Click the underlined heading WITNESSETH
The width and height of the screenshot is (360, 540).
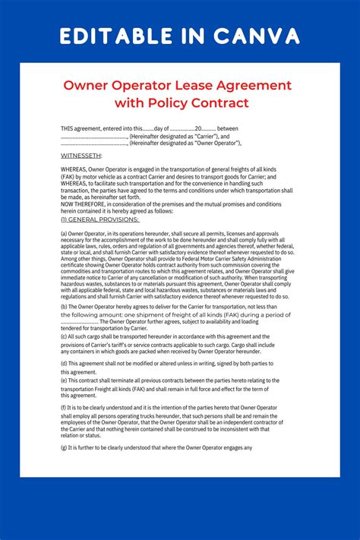[81, 155]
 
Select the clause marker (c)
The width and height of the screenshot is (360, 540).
[64, 336]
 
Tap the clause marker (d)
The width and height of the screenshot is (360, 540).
[64, 364]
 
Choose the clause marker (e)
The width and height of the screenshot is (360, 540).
[64, 380]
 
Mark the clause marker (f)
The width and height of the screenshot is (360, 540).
[64, 408]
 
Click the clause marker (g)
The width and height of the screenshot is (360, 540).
[64, 447]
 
